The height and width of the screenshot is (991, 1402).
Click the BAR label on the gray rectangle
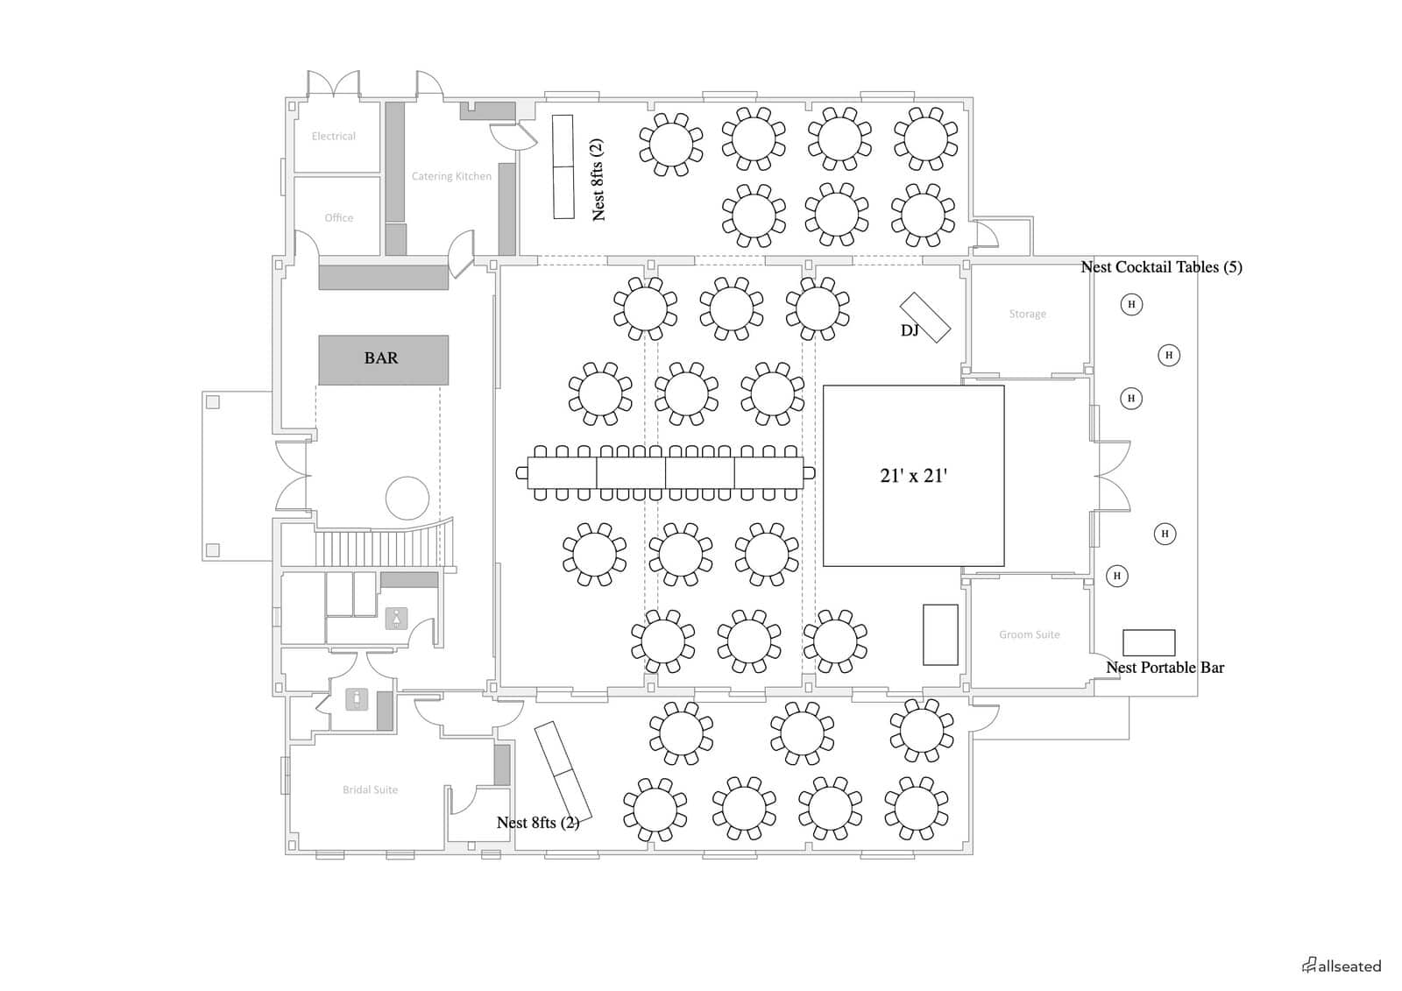click(x=380, y=358)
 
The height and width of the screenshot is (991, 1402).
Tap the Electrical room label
click(x=334, y=136)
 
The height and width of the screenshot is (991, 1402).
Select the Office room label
click(x=338, y=217)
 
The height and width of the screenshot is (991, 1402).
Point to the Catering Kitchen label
click(x=451, y=176)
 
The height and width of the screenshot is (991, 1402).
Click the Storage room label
click(x=1027, y=314)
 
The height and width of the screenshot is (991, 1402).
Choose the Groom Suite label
click(x=1029, y=634)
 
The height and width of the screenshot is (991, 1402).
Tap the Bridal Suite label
click(x=370, y=789)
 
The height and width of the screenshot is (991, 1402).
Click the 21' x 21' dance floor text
click(x=913, y=476)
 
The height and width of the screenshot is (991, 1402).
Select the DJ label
click(x=910, y=330)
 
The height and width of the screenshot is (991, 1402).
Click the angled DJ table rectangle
click(x=925, y=317)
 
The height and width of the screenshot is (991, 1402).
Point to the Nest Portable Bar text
click(x=1165, y=668)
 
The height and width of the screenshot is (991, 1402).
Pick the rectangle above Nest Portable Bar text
click(x=1149, y=642)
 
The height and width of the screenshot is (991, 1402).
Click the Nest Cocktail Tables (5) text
click(x=1161, y=267)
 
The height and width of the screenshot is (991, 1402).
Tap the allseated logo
click(x=1342, y=966)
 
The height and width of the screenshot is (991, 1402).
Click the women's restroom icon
click(x=396, y=619)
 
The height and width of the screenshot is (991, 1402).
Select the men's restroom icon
click(x=357, y=698)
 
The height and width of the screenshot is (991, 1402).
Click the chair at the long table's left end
click(x=522, y=472)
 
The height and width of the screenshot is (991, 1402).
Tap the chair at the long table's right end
click(x=809, y=472)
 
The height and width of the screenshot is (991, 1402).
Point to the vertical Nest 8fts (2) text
click(x=598, y=180)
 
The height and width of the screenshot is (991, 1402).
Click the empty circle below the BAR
click(x=407, y=499)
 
